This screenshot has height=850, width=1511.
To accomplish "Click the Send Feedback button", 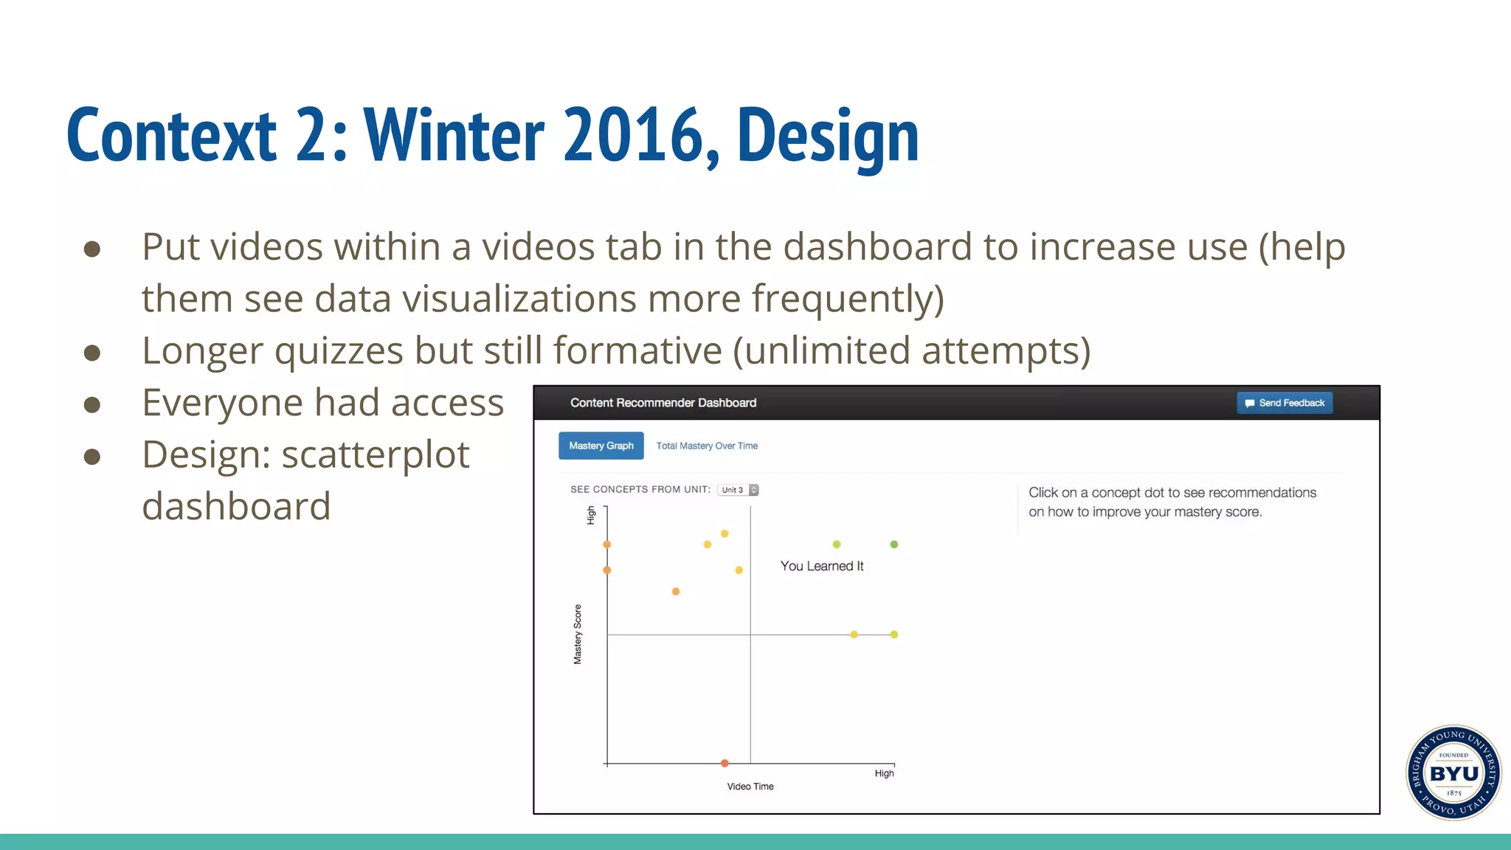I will [x=1284, y=403].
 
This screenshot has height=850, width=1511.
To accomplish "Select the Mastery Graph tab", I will [x=601, y=446].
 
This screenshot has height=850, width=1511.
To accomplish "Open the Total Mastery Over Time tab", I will [x=707, y=446].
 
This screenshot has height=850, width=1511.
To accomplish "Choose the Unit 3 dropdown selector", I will [x=738, y=490].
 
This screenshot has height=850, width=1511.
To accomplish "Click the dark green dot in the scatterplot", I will [x=894, y=545].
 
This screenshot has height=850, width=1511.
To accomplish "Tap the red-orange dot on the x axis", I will [x=725, y=763].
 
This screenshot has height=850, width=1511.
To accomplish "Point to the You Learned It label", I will [x=822, y=566].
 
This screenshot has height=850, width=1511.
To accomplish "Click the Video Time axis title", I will [x=750, y=787].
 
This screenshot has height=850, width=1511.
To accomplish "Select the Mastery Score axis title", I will [x=578, y=635].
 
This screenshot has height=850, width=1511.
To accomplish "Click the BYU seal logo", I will [x=1453, y=773].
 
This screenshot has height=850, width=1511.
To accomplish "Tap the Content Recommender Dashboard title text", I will [x=663, y=403].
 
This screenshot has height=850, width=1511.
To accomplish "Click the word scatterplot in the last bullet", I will [x=376, y=455].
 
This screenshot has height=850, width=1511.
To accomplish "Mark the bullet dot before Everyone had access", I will [x=92, y=404].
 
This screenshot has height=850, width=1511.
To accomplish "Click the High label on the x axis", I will [x=884, y=773].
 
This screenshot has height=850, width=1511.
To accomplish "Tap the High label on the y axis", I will [x=591, y=515].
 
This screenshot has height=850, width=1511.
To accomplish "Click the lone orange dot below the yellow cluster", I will [x=676, y=592].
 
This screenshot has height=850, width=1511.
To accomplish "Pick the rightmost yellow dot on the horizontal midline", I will [x=894, y=635].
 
